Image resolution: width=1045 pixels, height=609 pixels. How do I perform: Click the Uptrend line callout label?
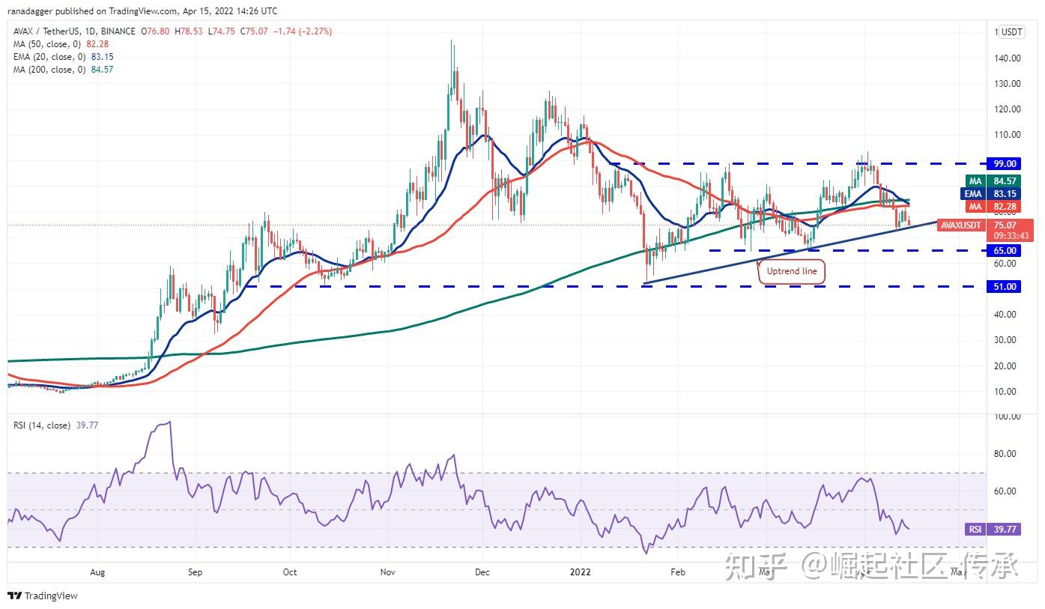792,271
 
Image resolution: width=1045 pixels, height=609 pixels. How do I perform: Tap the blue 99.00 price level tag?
1005,163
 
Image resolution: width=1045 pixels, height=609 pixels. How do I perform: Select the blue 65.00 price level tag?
1005,251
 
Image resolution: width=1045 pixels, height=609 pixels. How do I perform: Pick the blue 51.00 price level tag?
1005,286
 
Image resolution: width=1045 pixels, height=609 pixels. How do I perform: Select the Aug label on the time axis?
98,572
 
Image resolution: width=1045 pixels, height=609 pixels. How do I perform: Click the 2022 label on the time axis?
581,572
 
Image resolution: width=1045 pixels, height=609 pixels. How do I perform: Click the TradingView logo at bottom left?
43,596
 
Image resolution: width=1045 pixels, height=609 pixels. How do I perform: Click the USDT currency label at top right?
1011,32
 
